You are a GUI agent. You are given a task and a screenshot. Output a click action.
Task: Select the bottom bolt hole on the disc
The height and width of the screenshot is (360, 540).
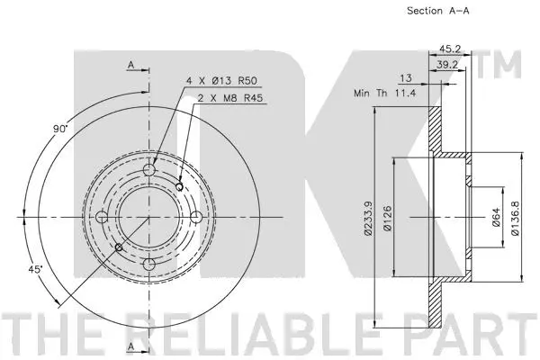[148, 262]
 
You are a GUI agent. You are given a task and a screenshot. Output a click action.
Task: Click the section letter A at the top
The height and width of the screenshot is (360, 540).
[130, 66]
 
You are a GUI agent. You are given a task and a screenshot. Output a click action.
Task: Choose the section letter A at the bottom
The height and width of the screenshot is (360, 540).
[130, 346]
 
